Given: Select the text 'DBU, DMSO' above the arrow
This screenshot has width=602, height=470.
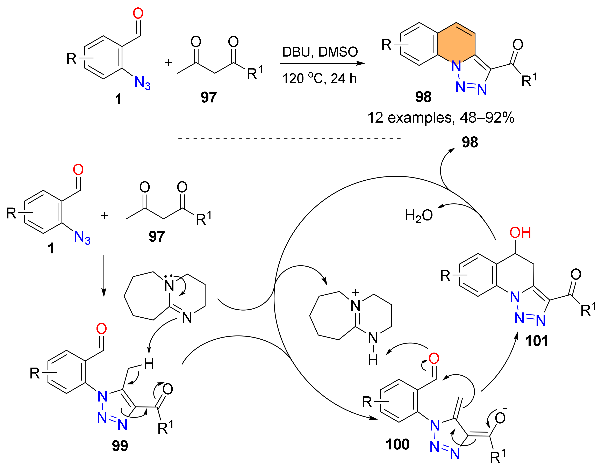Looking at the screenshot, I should [x=320, y=52].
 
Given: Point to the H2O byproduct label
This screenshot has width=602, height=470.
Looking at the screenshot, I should [x=418, y=215].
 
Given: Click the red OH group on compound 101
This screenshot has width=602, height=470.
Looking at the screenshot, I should [x=520, y=233].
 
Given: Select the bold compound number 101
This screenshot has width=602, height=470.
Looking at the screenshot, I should [x=536, y=341].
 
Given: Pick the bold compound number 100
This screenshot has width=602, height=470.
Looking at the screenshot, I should [x=397, y=444].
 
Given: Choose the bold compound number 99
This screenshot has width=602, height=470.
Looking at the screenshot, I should [x=120, y=446].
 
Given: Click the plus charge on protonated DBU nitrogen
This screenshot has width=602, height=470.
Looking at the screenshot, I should [x=355, y=292].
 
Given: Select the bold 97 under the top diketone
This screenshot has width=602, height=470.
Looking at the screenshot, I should [x=209, y=97].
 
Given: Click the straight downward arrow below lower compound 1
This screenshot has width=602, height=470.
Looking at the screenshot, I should [x=104, y=275].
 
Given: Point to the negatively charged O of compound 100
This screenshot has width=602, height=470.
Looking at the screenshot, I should [x=500, y=418].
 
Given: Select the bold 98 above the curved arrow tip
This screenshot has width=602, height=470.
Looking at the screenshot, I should [x=470, y=142].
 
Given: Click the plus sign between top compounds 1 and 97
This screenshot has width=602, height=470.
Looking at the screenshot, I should [x=168, y=62].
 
